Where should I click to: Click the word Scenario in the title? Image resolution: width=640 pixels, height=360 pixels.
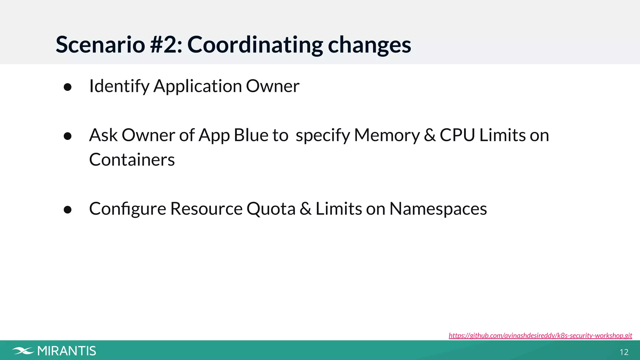100,45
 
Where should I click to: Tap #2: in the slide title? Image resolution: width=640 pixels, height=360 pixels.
166,45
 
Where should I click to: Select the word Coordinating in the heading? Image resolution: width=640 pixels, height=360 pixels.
255,45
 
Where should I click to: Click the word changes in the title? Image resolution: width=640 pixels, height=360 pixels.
369,45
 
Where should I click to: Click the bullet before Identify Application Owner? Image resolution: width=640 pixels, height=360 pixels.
67,87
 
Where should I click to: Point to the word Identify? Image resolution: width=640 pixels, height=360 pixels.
119,86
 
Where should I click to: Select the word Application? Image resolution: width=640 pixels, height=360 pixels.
197,86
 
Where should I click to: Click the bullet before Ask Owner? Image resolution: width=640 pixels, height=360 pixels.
67,136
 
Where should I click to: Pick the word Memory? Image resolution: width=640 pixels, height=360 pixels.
387,135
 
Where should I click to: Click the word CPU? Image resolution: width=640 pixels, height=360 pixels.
457,135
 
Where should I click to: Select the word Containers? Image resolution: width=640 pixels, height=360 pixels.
132,160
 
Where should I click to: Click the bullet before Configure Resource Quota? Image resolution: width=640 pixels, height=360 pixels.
67,210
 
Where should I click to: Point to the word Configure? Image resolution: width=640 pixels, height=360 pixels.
127,209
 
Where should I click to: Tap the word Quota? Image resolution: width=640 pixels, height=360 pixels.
271,209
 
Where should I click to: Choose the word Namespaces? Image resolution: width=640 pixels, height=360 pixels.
438,209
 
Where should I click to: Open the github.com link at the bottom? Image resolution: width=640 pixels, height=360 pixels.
540,336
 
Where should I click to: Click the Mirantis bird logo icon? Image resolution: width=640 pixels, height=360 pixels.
23,351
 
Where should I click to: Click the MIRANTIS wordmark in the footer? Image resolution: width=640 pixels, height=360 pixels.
67,351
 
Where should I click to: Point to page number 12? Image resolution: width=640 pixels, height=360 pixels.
624,352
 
